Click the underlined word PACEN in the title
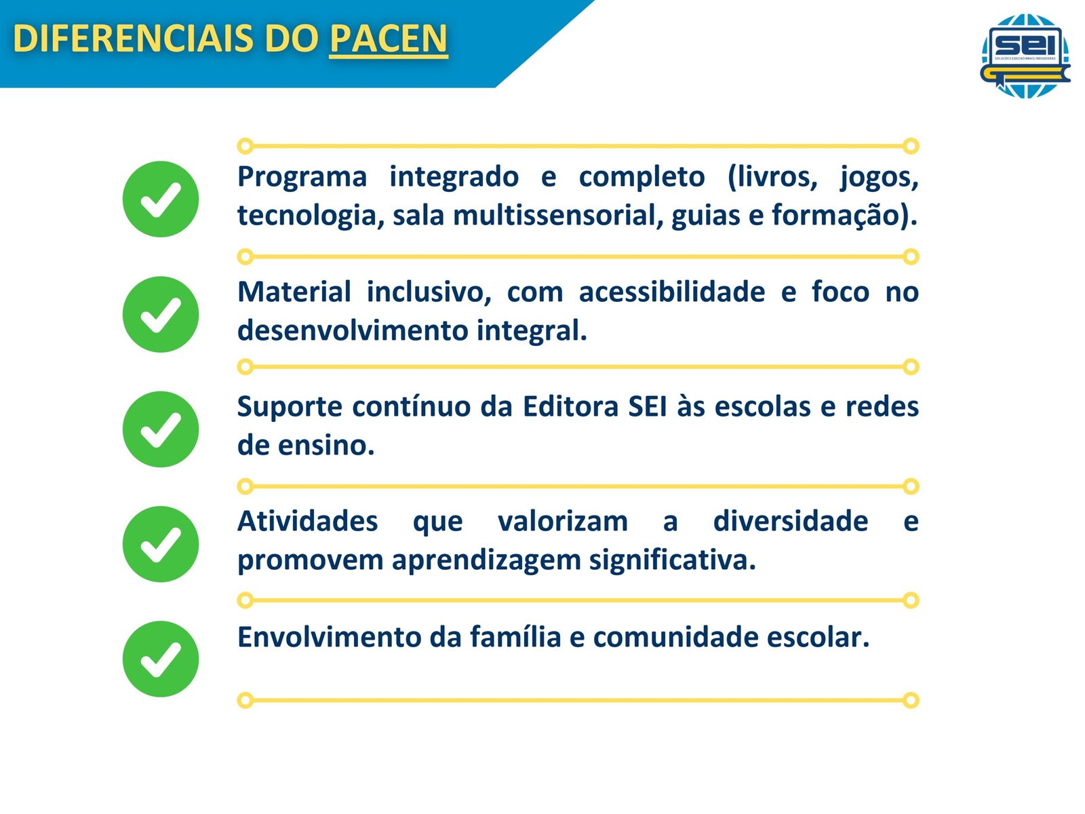(x=388, y=39)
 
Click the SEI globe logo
(x=1025, y=56)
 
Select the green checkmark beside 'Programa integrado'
(x=161, y=199)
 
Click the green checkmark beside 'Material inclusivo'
(x=161, y=314)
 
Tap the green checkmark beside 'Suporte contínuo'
(x=161, y=429)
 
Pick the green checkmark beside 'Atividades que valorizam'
(x=161, y=543)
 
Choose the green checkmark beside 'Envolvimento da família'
(x=161, y=659)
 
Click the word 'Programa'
(x=302, y=178)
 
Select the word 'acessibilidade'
(x=672, y=292)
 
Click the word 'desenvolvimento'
(x=353, y=330)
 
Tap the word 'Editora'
(x=571, y=407)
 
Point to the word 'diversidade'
(x=791, y=521)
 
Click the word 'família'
(x=515, y=636)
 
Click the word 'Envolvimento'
(x=329, y=637)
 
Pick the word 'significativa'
(x=672, y=561)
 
